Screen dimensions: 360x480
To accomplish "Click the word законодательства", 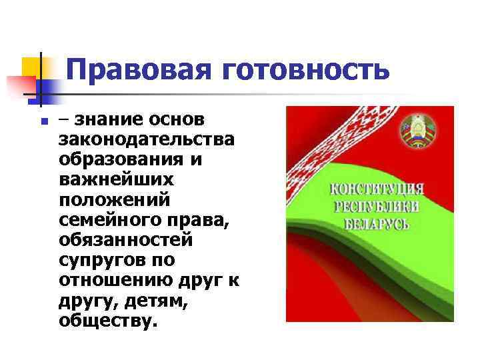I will pos(146,141).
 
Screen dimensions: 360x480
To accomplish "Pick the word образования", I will pos(127,161).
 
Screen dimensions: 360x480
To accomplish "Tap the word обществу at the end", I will pos(109,321).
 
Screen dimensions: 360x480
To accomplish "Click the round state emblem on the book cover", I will pos(417,130).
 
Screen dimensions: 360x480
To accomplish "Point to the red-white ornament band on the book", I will pos(327,147).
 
